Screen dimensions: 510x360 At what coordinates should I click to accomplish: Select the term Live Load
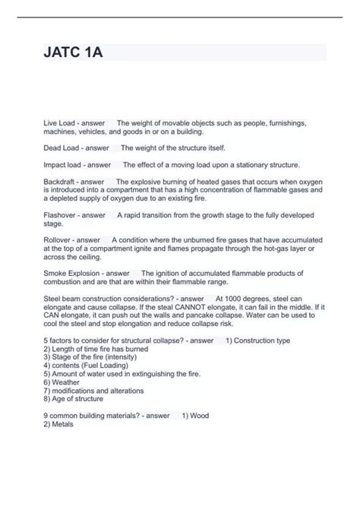tap(60, 123)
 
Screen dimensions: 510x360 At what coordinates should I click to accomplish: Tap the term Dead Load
tap(61, 147)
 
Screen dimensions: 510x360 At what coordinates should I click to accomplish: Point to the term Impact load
tap(63, 164)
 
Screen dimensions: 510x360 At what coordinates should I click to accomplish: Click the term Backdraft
tap(61, 182)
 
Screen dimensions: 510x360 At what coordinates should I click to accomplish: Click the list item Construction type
tap(262, 341)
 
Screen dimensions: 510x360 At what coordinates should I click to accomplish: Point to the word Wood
tap(201, 416)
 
